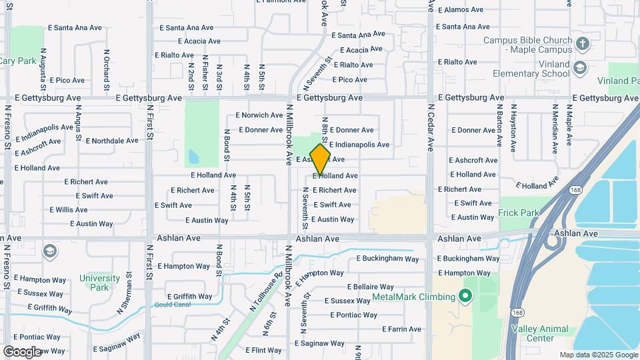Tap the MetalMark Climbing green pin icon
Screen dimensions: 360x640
(465, 296)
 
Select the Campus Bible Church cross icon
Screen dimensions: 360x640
(583, 45)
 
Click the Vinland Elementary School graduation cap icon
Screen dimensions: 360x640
(580, 68)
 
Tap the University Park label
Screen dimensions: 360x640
(99, 283)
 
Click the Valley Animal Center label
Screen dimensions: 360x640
(539, 333)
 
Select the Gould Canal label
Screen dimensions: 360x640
(171, 305)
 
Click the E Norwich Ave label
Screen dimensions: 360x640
(259, 115)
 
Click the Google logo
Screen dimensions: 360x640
(22, 351)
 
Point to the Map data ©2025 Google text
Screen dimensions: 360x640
(598, 355)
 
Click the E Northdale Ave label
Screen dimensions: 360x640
(113, 141)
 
